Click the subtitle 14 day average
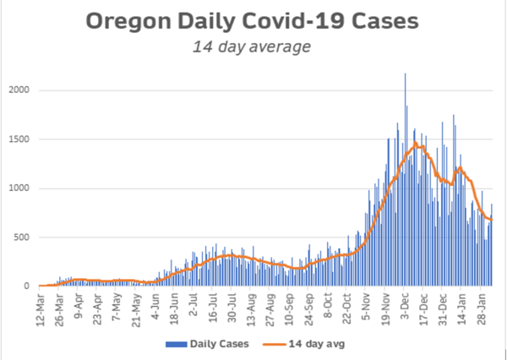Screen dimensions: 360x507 (x=253, y=47)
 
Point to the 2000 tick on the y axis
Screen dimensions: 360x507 (x=21, y=90)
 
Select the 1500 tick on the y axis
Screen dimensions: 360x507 (x=21, y=139)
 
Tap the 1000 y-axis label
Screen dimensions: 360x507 (x=21, y=188)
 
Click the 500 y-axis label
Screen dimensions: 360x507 (x=24, y=237)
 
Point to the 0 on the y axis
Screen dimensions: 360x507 (x=29, y=286)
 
